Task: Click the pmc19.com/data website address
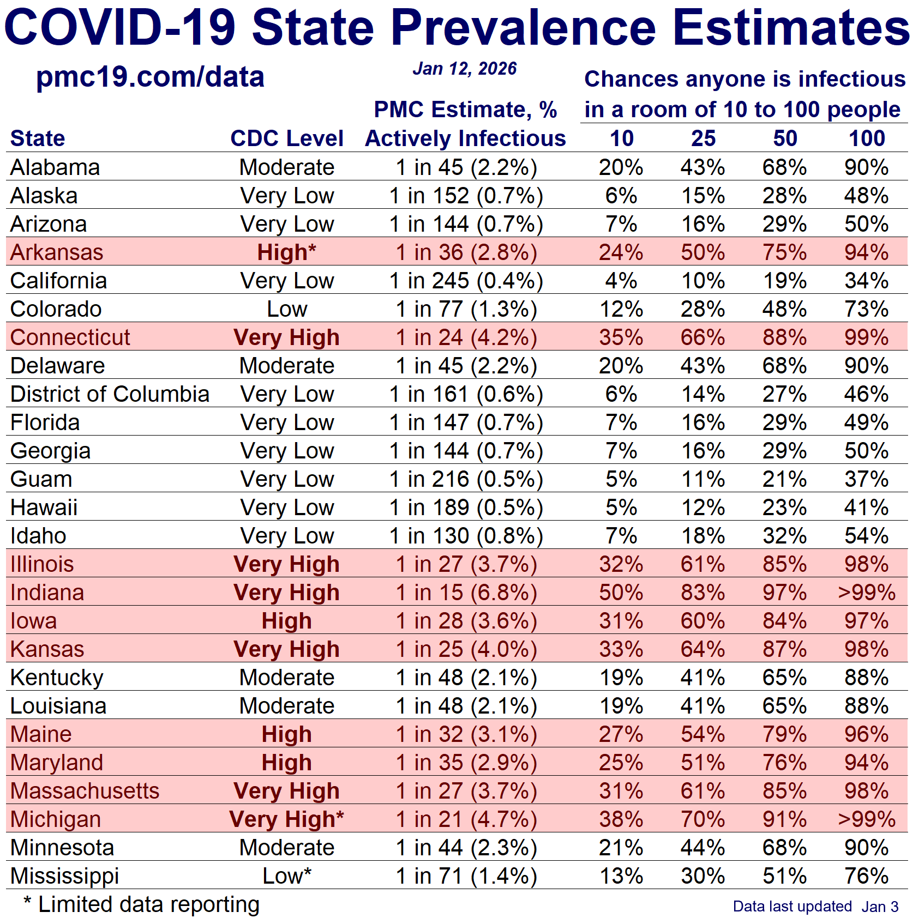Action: coord(150,77)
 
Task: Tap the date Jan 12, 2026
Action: coord(465,69)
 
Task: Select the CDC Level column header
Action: coord(287,138)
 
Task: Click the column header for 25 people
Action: coord(703,138)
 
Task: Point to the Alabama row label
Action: coord(55,167)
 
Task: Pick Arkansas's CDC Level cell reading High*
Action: coord(287,252)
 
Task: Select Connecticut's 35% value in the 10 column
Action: coord(621,337)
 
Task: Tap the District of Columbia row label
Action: coord(110,394)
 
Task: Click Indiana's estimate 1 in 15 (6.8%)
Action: coord(466,593)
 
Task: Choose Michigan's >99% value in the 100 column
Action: coord(866,819)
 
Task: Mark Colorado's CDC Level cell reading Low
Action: coord(287,309)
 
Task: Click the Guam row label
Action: coord(41,479)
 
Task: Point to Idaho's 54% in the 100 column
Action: coord(866,536)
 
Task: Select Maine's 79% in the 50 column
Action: coord(784,734)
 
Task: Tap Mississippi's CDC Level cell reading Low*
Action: coord(287,876)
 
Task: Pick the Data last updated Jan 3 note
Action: coord(815,907)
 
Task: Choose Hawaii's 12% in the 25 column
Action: coord(703,508)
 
